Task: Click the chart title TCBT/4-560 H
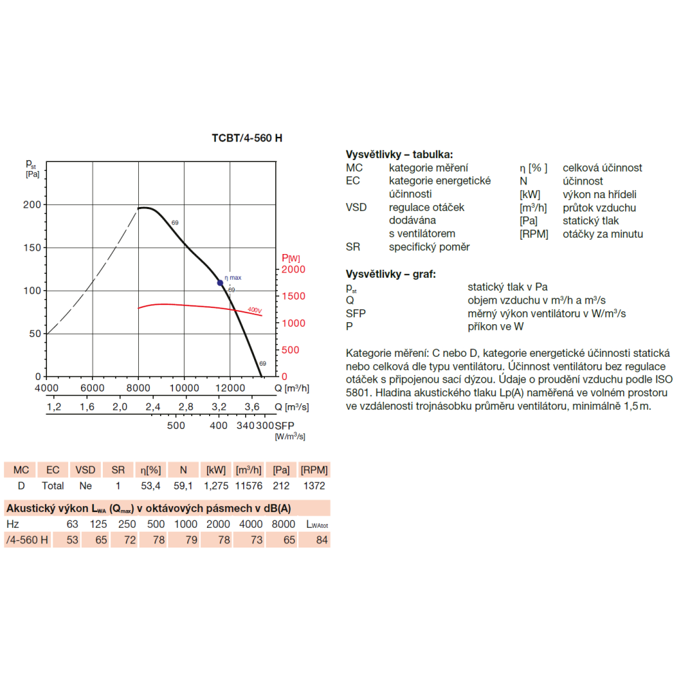click(247, 138)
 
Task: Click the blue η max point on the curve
click(220, 283)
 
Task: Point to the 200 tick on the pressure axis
click(32, 204)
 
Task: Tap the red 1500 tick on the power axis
click(293, 296)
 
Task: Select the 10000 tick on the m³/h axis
click(184, 388)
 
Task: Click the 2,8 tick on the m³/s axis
click(186, 407)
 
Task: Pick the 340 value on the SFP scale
click(245, 426)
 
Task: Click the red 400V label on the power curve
click(255, 310)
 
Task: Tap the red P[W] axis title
click(291, 258)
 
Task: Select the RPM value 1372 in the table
click(314, 486)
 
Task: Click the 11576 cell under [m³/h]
click(249, 486)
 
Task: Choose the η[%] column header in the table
click(151, 470)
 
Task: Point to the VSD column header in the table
click(85, 470)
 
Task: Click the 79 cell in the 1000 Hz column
click(191, 540)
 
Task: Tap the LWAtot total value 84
click(322, 540)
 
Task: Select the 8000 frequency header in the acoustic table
click(283, 524)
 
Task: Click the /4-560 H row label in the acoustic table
click(27, 540)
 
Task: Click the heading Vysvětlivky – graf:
click(390, 274)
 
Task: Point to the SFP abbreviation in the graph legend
click(355, 313)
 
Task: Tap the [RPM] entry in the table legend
click(534, 234)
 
